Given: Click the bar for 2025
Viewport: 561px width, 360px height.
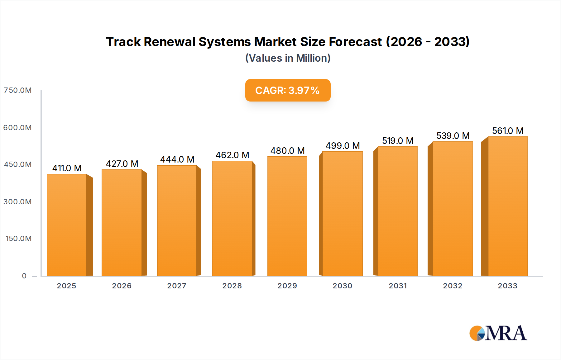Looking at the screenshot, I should point(67,225).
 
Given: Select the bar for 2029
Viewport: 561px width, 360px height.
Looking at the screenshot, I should point(287,216).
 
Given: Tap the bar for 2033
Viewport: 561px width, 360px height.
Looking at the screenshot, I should point(507,206).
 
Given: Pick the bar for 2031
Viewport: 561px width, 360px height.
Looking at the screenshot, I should point(397,211).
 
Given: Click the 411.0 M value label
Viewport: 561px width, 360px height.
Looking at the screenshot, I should point(67,168).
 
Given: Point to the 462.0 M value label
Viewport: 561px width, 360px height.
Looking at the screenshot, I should point(232,155).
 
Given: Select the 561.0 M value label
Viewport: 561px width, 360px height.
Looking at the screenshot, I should point(507,131).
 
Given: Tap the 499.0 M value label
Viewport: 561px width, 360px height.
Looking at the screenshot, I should point(343,146).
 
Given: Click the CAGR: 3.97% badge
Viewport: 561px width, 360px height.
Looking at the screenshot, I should point(288,90).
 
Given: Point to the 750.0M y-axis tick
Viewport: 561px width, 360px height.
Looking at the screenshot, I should point(18,90).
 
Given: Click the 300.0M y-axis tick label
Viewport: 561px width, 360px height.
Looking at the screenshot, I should point(18,202).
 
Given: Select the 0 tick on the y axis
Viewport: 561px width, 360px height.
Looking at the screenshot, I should point(24,276).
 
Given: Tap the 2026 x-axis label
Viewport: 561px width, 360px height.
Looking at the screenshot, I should point(122,286).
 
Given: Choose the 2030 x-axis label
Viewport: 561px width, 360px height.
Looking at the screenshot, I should point(342,286).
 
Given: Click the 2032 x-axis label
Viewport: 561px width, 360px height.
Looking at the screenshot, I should point(453,286).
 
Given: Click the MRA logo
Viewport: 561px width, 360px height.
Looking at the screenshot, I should point(498,333).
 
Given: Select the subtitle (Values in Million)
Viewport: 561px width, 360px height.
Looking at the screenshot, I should point(288,58).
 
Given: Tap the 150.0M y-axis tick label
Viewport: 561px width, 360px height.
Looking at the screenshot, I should point(18,239).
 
